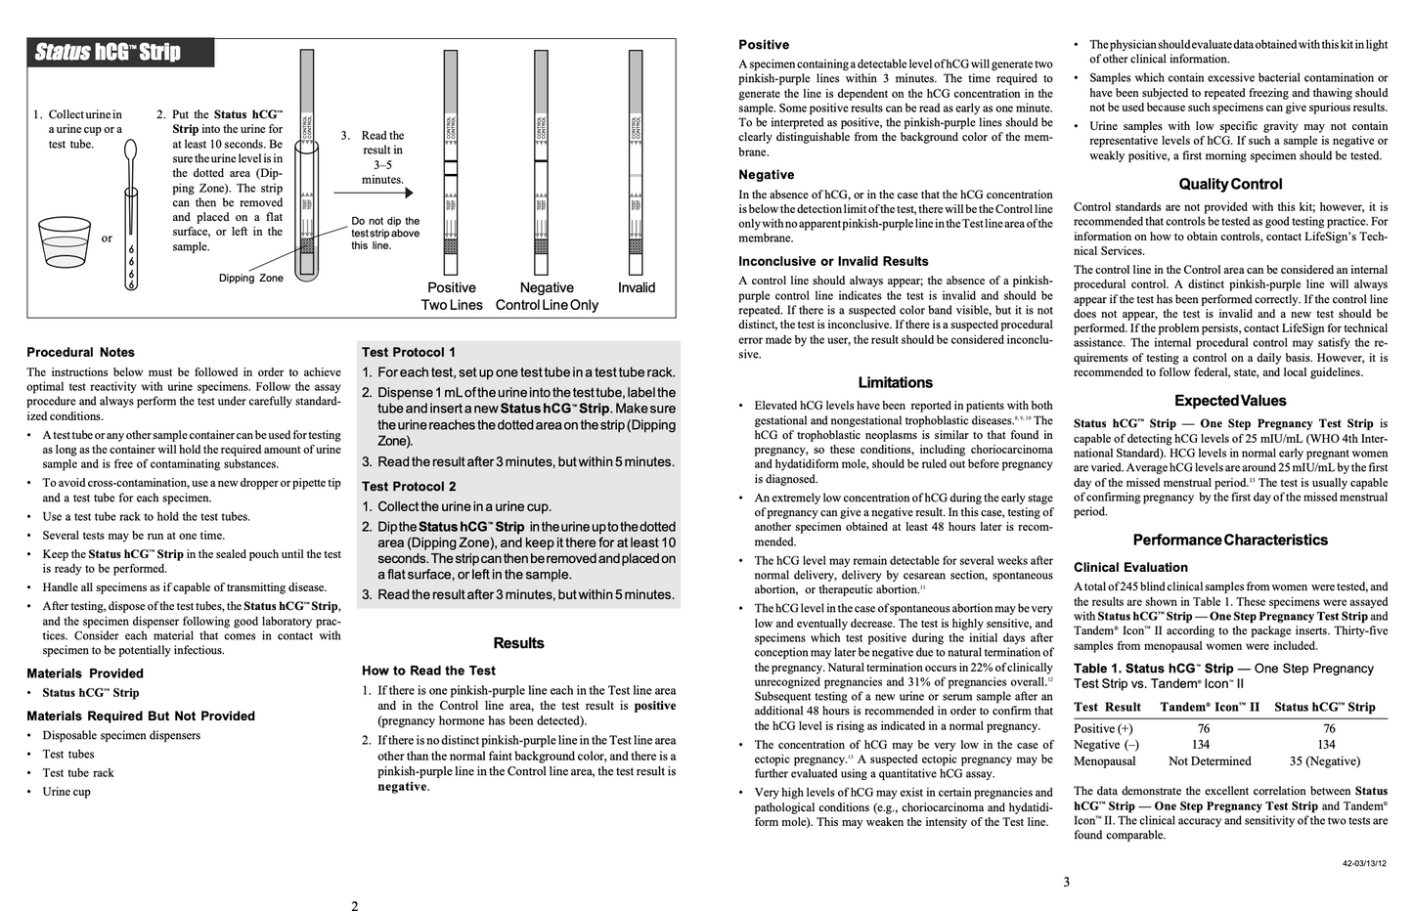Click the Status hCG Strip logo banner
tap(120, 53)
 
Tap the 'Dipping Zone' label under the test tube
tap(250, 279)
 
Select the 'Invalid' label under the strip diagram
tap(637, 288)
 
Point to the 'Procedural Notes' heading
tap(81, 353)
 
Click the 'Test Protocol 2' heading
tap(409, 487)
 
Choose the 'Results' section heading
tap(518, 643)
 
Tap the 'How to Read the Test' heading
tap(428, 671)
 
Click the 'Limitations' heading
tap(895, 383)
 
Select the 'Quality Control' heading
tap(1230, 185)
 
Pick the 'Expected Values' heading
tap(1230, 401)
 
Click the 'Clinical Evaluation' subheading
tap(1130, 568)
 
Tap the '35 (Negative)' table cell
tap(1324, 761)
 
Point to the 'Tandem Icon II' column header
tap(1210, 708)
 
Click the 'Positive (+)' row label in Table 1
tap(1103, 729)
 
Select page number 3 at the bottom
tap(1066, 882)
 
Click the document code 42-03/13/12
tap(1364, 863)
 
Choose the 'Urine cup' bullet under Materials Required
tap(66, 792)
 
